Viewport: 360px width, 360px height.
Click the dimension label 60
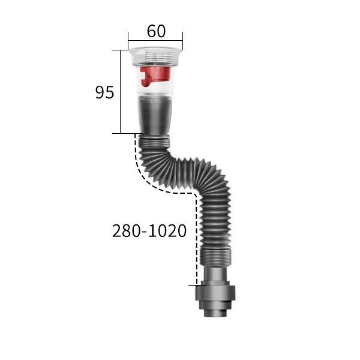tap(156, 31)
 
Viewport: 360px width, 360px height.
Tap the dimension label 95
tap(104, 92)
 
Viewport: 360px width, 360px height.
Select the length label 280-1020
tap(149, 231)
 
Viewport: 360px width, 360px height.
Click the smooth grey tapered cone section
tap(155, 116)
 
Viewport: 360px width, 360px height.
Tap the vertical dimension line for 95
tap(121, 92)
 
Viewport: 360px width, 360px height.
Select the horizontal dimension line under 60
tap(155, 41)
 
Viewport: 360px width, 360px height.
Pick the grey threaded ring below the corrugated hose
tap(215, 257)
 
